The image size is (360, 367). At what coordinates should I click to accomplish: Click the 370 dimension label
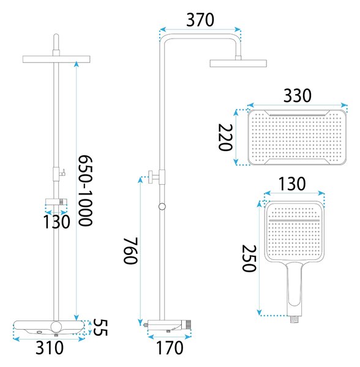(200, 20)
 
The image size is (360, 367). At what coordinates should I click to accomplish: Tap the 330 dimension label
(298, 95)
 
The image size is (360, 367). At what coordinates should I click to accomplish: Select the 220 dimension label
(225, 138)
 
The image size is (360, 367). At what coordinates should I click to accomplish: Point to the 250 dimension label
(249, 258)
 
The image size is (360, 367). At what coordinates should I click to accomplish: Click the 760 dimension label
(130, 251)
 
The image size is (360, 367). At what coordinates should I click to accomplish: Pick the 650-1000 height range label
(85, 190)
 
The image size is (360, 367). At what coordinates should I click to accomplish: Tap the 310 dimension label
(50, 348)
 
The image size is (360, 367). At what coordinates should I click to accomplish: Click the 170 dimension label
(170, 348)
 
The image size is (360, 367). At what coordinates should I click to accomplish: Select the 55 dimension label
(100, 327)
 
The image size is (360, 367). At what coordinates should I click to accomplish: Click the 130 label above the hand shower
(292, 183)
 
